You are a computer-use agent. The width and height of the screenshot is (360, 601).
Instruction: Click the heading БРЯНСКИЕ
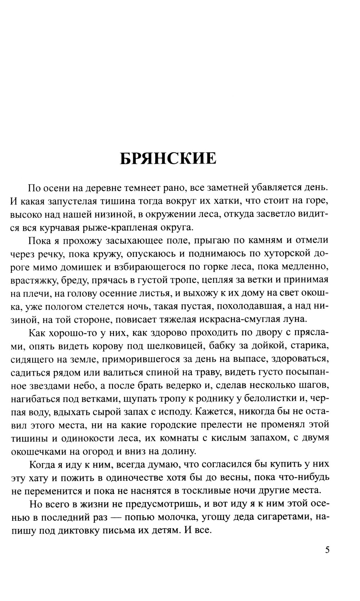168,158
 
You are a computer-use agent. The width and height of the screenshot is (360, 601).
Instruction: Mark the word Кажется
219,412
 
